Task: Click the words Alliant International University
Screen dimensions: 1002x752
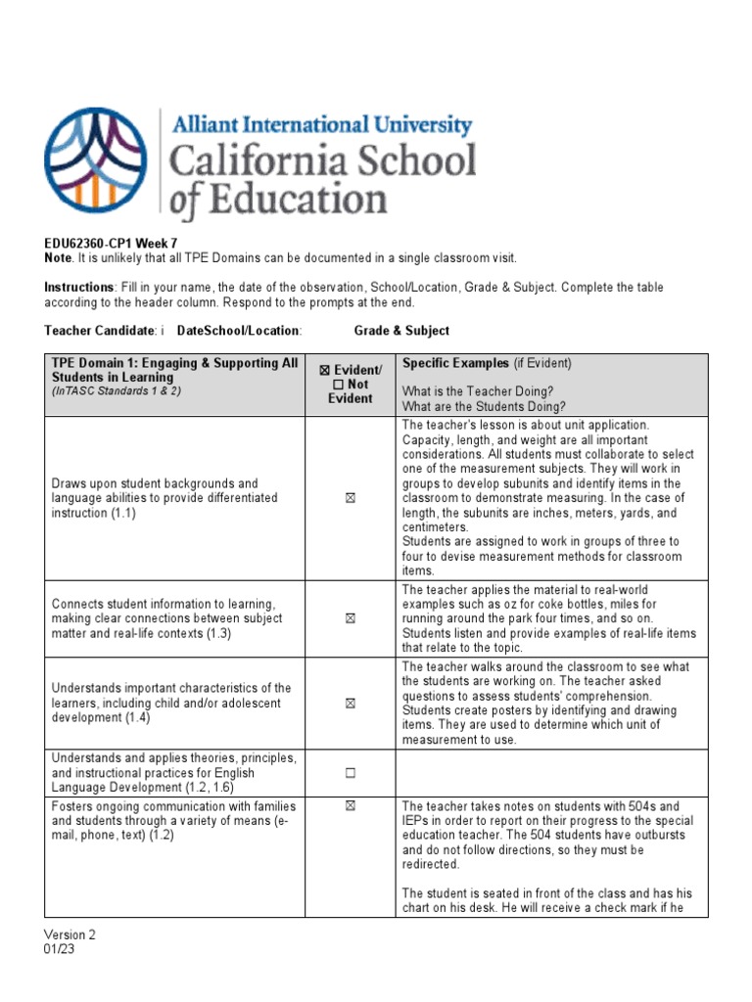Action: [x=322, y=125]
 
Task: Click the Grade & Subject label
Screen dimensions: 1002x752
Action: [x=401, y=331]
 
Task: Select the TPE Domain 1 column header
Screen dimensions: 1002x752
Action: [x=174, y=370]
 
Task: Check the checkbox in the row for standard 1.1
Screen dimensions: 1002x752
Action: [x=350, y=498]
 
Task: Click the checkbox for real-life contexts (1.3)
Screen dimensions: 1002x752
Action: [x=350, y=618]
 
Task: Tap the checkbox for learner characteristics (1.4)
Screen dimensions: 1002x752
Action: [x=350, y=703]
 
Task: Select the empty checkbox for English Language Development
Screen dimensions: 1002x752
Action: [x=350, y=773]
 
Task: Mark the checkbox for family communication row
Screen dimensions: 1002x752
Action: [x=350, y=806]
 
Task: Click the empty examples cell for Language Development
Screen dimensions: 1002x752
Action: [x=550, y=773]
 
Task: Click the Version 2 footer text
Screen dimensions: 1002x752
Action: [x=70, y=934]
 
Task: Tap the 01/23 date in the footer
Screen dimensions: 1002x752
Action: [x=59, y=948]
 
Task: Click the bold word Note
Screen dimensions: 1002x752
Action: [x=58, y=257]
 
